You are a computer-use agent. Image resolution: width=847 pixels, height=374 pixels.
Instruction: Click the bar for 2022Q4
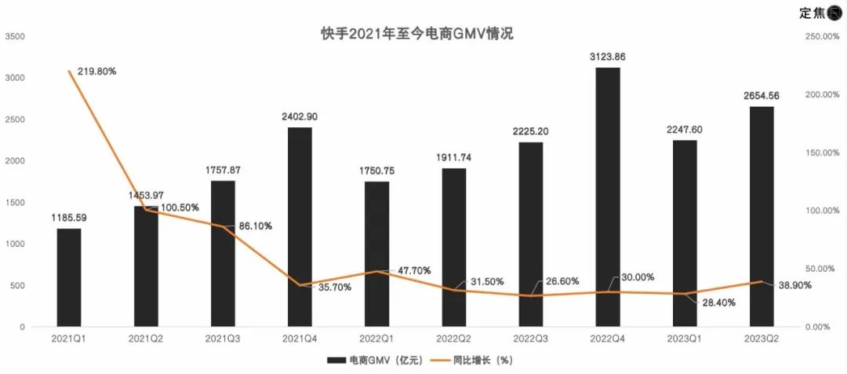(608, 196)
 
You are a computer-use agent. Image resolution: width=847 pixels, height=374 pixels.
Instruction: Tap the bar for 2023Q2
(762, 216)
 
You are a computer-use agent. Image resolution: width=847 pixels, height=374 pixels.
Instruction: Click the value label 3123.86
(608, 57)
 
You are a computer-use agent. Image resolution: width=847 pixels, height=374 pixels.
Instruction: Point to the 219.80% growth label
(97, 71)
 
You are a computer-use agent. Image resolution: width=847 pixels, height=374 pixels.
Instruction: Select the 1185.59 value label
(69, 217)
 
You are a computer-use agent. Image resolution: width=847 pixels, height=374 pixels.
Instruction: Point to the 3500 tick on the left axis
(15, 36)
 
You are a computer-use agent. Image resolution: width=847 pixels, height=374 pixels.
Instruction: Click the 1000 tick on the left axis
(15, 244)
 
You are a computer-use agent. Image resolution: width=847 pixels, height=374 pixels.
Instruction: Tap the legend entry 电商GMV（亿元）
(376, 360)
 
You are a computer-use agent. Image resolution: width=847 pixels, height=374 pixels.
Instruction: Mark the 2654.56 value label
(762, 95)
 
